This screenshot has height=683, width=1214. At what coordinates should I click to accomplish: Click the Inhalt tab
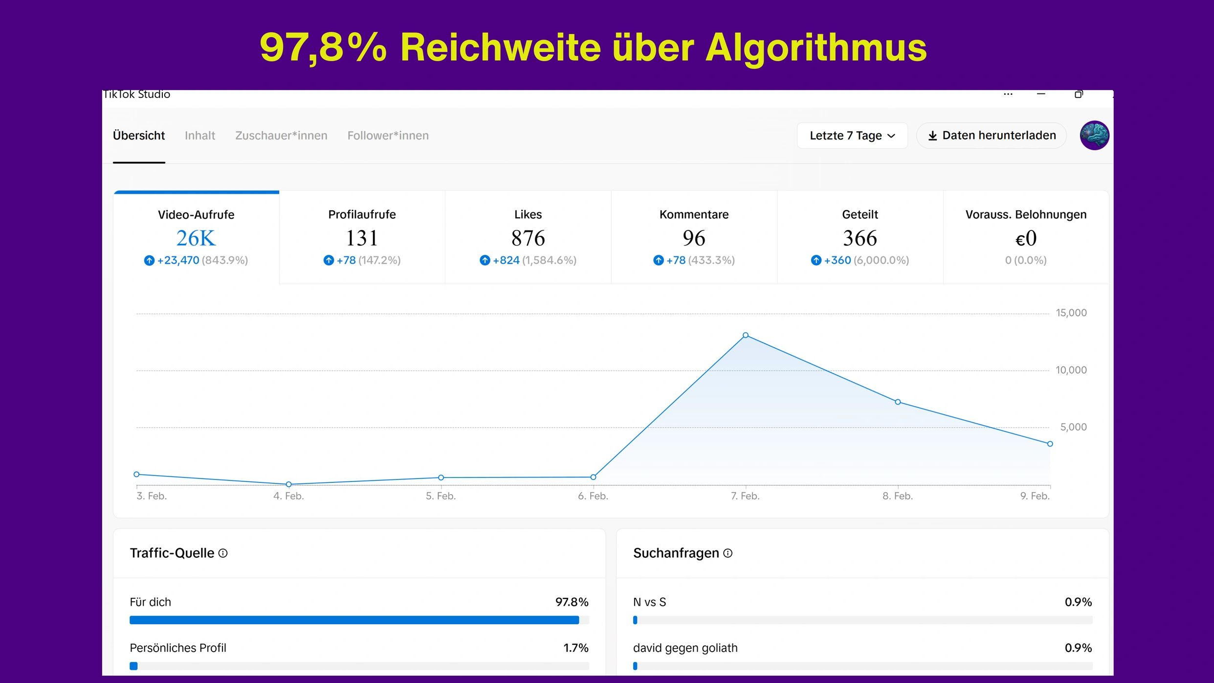click(199, 136)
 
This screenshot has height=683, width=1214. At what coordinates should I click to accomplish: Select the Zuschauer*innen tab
click(281, 136)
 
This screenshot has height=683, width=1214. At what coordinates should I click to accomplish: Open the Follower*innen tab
click(388, 136)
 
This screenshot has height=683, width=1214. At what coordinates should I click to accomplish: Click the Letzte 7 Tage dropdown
click(852, 136)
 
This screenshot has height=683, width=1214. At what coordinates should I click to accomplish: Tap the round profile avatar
click(1094, 135)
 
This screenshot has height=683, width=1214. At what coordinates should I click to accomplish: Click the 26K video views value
click(196, 238)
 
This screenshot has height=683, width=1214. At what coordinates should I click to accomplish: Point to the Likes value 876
click(528, 238)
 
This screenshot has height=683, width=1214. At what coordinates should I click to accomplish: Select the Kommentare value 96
click(694, 238)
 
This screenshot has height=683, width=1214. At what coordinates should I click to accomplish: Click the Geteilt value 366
click(860, 238)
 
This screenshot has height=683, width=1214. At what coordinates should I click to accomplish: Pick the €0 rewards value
click(1026, 238)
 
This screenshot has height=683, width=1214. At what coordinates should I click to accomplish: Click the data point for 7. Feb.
click(745, 335)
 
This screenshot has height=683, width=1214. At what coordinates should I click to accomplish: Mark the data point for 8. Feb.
click(898, 402)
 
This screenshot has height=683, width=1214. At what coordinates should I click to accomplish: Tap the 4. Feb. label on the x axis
click(288, 496)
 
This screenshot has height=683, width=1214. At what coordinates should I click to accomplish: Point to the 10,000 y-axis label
click(1071, 370)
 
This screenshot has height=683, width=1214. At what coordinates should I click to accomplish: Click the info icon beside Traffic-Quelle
click(223, 553)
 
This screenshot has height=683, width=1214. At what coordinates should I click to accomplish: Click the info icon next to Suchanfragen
click(728, 553)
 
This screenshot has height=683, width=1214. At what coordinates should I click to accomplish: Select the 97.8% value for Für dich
click(572, 602)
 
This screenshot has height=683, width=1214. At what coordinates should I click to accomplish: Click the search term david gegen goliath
click(685, 648)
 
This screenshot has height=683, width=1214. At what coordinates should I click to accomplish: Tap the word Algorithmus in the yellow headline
click(816, 47)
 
